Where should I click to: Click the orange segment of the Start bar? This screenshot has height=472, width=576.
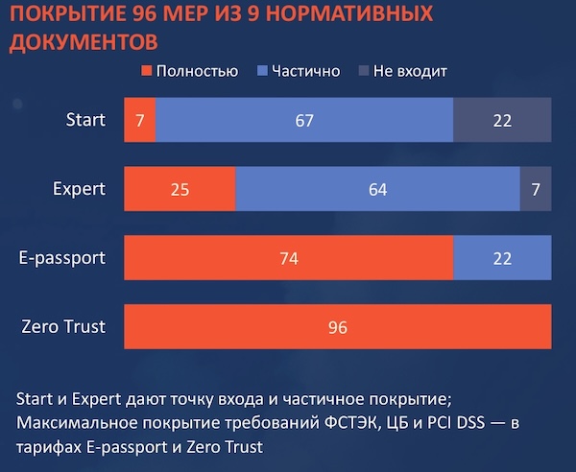(139, 120)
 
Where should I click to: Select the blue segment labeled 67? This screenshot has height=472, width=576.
(304, 120)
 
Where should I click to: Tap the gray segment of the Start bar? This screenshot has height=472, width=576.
(502, 120)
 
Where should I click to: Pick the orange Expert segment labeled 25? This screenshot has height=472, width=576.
(180, 189)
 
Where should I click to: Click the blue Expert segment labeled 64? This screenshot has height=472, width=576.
(377, 189)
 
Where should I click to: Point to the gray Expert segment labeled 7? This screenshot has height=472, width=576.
(536, 189)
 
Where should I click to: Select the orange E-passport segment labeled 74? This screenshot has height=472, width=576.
(289, 258)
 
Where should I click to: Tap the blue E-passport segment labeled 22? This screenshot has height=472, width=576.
(502, 258)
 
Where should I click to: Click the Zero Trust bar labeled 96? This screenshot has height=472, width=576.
(338, 326)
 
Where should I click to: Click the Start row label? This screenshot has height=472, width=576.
(85, 120)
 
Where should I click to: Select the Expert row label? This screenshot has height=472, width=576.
(79, 189)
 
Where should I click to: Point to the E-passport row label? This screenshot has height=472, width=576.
(62, 258)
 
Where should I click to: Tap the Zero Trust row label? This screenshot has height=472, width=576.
(63, 326)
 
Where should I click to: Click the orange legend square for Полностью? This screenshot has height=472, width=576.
(147, 71)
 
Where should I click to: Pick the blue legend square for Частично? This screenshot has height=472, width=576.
(262, 71)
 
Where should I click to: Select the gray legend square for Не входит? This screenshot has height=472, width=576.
(364, 71)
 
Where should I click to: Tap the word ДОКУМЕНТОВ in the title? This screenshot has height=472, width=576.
(84, 42)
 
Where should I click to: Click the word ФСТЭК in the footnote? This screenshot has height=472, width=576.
(350, 423)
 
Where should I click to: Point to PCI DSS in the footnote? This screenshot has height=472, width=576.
(456, 423)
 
